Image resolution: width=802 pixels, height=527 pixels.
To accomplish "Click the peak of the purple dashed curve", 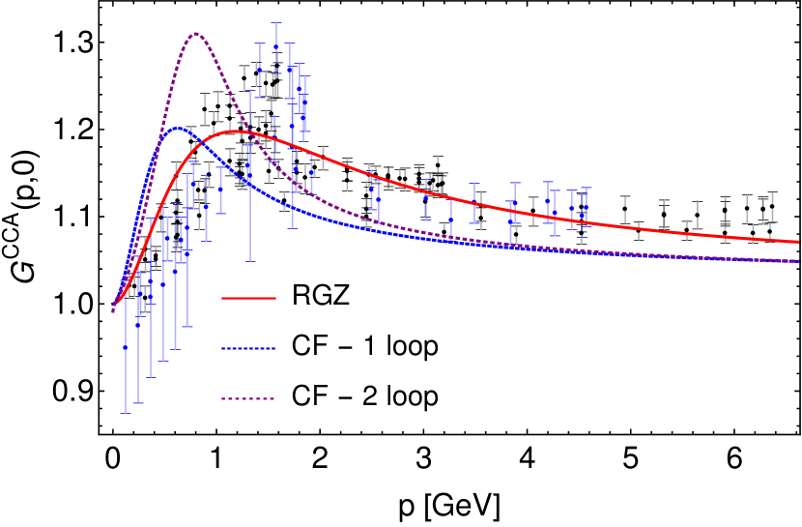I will point(195,34).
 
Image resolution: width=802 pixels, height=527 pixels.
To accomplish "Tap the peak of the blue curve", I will point(178,128).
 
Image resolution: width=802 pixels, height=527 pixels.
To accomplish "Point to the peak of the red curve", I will point(234,131).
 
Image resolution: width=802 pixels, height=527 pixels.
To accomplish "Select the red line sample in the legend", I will point(248,298).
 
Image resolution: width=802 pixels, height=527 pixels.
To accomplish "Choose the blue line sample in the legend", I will point(248,348).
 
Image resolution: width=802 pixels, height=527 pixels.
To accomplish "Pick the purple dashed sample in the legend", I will point(248,398).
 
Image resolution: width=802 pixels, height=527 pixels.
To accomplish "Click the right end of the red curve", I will point(799,242).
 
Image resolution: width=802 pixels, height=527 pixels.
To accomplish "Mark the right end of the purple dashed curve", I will point(799,260).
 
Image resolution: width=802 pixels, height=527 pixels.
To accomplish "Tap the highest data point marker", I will point(276,46).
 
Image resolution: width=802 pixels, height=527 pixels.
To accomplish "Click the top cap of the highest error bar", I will point(276,22).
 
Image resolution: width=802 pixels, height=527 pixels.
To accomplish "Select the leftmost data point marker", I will point(125,346).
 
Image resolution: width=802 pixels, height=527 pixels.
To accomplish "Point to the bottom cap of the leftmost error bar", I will point(125,413).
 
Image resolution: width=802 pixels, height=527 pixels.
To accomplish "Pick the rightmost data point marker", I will point(586,206).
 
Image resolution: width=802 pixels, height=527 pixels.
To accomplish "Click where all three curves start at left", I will point(113,307).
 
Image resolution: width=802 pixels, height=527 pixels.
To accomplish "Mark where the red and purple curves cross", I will point(248,132).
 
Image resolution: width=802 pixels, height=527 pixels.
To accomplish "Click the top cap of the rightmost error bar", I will point(586,188).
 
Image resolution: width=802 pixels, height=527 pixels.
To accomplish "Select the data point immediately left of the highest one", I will point(259,69).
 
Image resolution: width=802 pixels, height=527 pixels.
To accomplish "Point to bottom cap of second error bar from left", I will point(138,402).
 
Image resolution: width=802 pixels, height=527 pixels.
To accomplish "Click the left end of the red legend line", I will point(222,298).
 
